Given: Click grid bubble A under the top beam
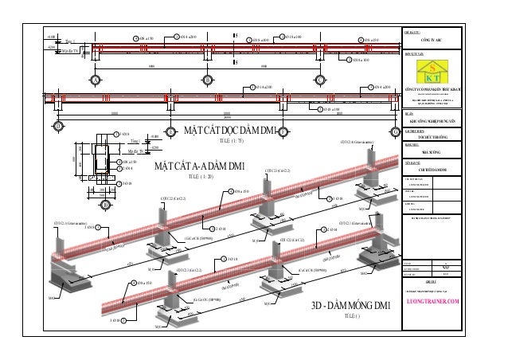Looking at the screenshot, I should click(x=94, y=80).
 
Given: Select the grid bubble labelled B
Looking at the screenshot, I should click(x=208, y=80).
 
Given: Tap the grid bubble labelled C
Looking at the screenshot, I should click(x=320, y=80).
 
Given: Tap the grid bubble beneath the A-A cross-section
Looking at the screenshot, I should click(x=105, y=204).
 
